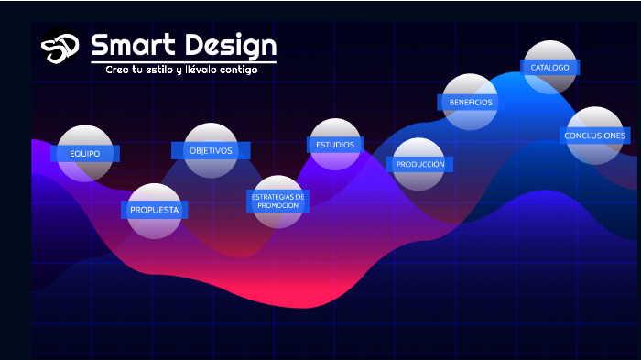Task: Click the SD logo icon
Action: tap(60, 46)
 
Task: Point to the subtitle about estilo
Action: tap(181, 70)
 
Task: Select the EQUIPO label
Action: tap(84, 153)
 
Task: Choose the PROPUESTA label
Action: tap(154, 210)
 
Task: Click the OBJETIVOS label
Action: tap(211, 150)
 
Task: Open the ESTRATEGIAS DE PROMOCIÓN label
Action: tap(277, 201)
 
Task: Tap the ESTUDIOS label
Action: tap(335, 145)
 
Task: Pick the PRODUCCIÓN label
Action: tap(420, 164)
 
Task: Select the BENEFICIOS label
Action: tap(471, 102)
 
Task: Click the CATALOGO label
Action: tap(550, 67)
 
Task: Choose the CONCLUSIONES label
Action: tap(595, 136)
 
